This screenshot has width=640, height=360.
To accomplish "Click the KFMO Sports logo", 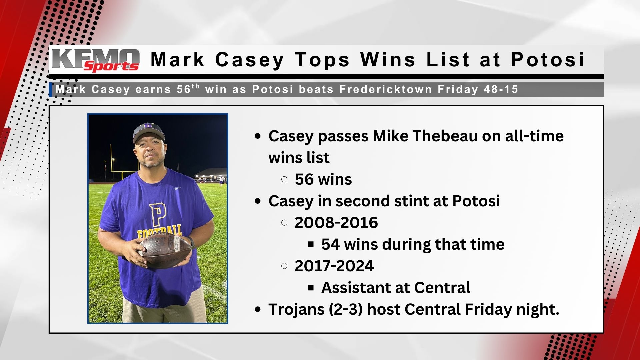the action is pos(96,60).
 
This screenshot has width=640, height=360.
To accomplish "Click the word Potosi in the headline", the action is pos(548,60).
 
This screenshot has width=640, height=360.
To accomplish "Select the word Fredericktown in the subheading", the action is pos(386,89).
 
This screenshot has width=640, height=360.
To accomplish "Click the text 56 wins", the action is pos(323,179).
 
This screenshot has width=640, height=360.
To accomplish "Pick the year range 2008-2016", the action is pos(336,223).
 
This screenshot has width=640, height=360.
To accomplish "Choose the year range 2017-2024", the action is pos(334,266).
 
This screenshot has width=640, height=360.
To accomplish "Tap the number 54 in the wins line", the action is pos(330,244).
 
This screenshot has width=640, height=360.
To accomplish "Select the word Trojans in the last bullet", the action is pos(296,309).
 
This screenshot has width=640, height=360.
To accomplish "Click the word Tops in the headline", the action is pos(322,60).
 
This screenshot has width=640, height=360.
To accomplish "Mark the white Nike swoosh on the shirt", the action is pos(179,188).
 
